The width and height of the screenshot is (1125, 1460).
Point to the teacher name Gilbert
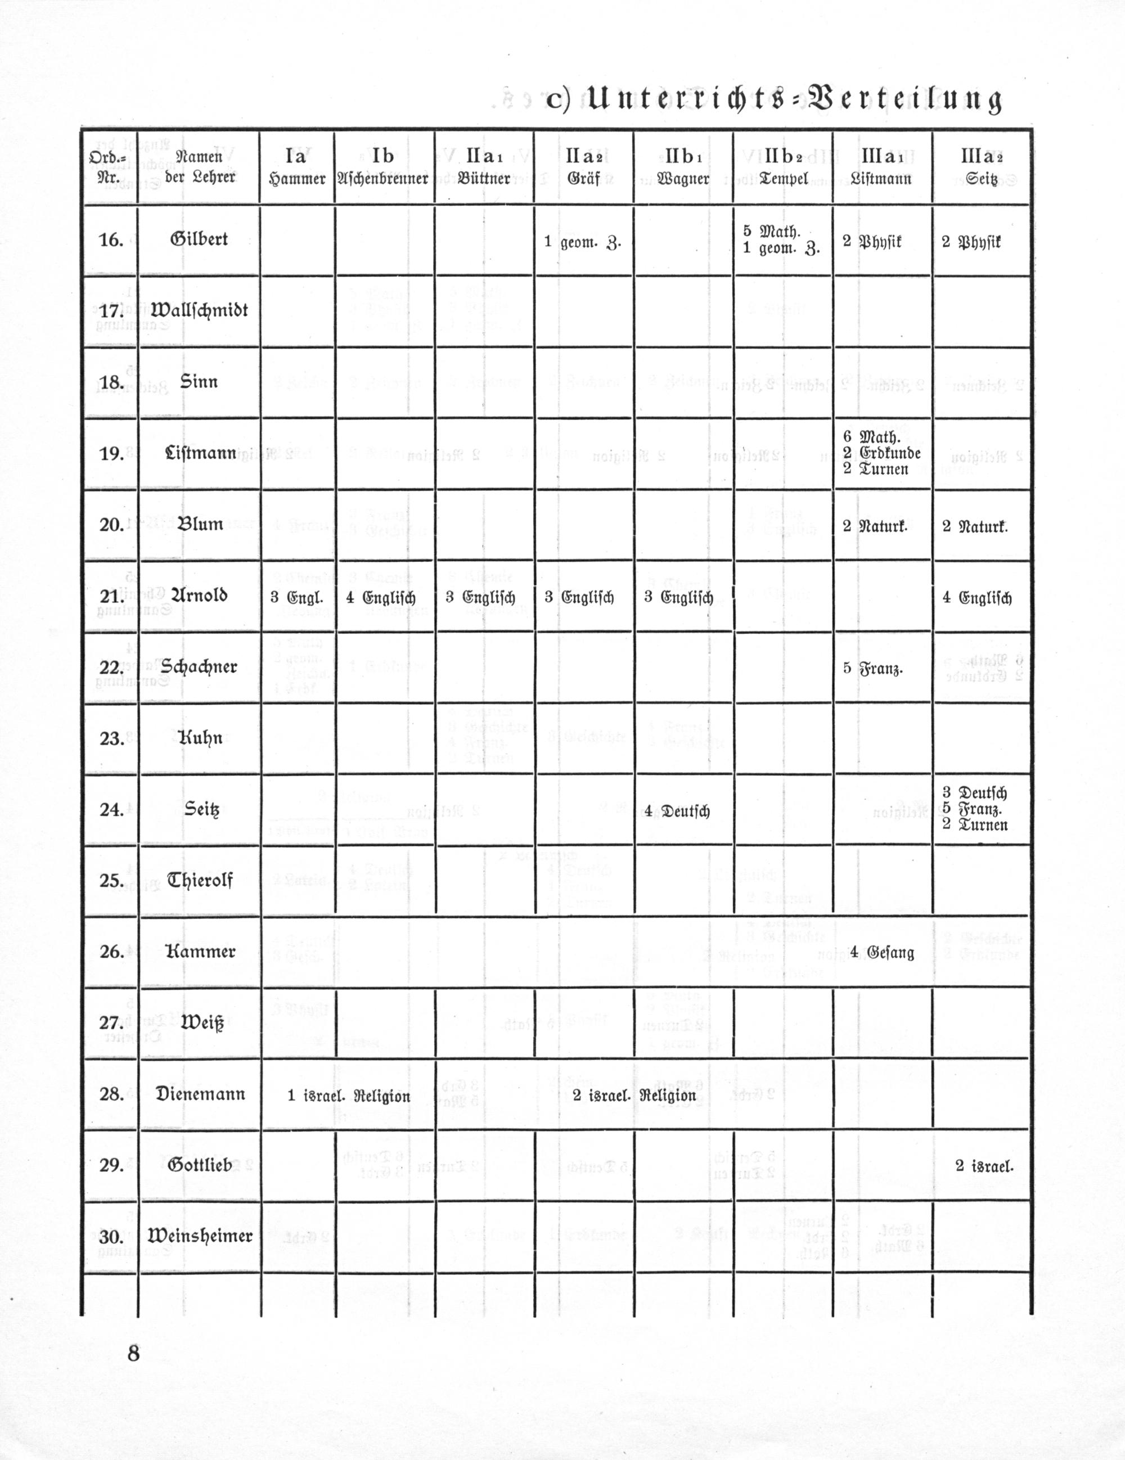point(199,238)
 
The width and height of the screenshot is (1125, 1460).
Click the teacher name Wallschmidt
point(199,310)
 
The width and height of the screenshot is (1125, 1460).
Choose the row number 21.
point(111,597)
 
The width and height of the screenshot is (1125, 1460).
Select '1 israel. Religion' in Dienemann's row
point(348,1096)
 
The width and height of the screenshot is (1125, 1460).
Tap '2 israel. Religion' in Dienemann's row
point(634,1096)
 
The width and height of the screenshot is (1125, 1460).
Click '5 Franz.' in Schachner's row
point(873,669)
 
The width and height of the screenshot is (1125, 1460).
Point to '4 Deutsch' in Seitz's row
point(677,811)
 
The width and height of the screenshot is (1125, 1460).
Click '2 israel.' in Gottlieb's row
point(984,1166)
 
